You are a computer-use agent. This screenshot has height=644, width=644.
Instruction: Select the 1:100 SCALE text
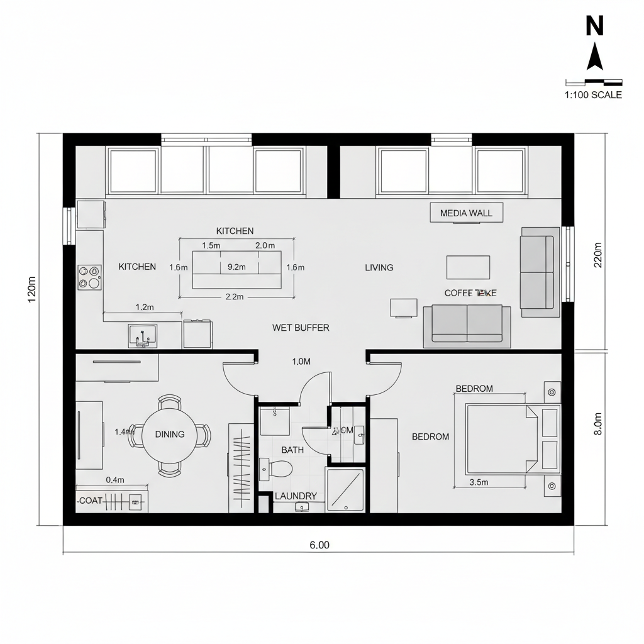[x=593, y=95]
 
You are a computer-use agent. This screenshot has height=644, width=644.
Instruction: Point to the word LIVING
[x=379, y=267]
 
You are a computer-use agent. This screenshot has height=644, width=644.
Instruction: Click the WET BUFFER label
[x=301, y=328]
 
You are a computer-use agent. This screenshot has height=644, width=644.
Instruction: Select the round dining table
[x=170, y=435]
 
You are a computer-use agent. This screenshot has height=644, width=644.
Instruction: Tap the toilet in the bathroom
[x=279, y=469]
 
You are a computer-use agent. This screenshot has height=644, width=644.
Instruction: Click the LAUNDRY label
[x=296, y=496]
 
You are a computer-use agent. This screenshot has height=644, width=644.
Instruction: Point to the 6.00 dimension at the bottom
[x=319, y=545]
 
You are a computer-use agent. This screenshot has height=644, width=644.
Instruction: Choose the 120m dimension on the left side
[x=32, y=289]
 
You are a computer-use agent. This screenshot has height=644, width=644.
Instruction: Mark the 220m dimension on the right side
[x=598, y=255]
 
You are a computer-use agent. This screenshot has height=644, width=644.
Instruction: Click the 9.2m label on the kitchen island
[x=236, y=267]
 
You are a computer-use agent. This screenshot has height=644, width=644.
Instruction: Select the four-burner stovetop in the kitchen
[x=89, y=277]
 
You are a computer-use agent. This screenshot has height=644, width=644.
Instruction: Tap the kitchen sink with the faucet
[x=142, y=336]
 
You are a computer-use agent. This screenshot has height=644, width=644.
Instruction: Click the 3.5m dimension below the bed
[x=479, y=482]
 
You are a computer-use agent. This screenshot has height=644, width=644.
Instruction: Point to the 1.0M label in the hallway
[x=302, y=362]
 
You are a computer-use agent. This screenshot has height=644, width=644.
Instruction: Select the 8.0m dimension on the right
[x=598, y=424]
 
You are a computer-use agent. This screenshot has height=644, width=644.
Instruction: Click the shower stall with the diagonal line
[x=345, y=490]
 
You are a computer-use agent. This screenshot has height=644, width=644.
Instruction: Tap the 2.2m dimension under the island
[x=234, y=297]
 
